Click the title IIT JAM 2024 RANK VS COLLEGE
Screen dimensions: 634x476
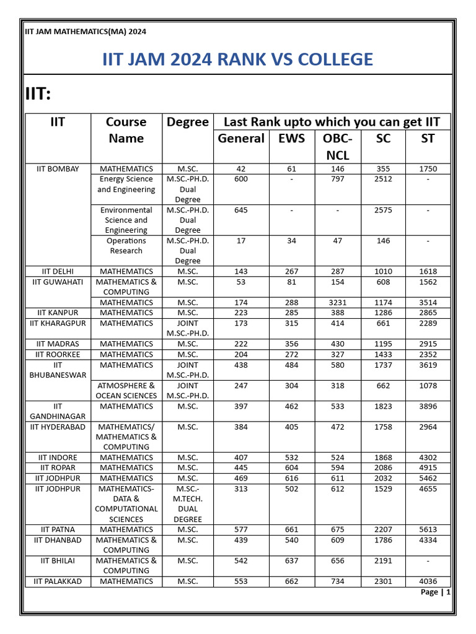[x=238, y=59]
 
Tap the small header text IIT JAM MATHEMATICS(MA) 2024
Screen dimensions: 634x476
[x=86, y=32]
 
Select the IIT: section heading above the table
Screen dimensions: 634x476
[x=38, y=94]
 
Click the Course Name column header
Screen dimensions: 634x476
[x=126, y=130]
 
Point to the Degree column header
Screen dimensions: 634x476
[x=188, y=122]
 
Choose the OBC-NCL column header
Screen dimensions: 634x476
[x=337, y=147]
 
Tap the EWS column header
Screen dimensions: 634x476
[x=291, y=139]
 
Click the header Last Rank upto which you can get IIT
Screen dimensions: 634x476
[x=332, y=122]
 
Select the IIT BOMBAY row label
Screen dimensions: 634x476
[x=58, y=168]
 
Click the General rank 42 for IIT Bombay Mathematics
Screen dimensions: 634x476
[x=241, y=168]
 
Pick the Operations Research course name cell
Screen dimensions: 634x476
[x=126, y=246]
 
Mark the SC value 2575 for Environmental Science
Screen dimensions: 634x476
[x=383, y=210]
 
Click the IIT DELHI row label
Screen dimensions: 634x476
[x=58, y=271]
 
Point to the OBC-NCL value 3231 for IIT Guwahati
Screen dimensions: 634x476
[x=337, y=302]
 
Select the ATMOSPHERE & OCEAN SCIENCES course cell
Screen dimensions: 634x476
[x=126, y=390]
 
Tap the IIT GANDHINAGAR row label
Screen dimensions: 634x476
[x=58, y=411]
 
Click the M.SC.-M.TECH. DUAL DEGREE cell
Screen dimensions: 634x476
[x=188, y=504]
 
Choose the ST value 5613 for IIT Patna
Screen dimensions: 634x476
[x=428, y=529]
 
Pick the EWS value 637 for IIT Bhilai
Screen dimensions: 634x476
[x=291, y=560]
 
